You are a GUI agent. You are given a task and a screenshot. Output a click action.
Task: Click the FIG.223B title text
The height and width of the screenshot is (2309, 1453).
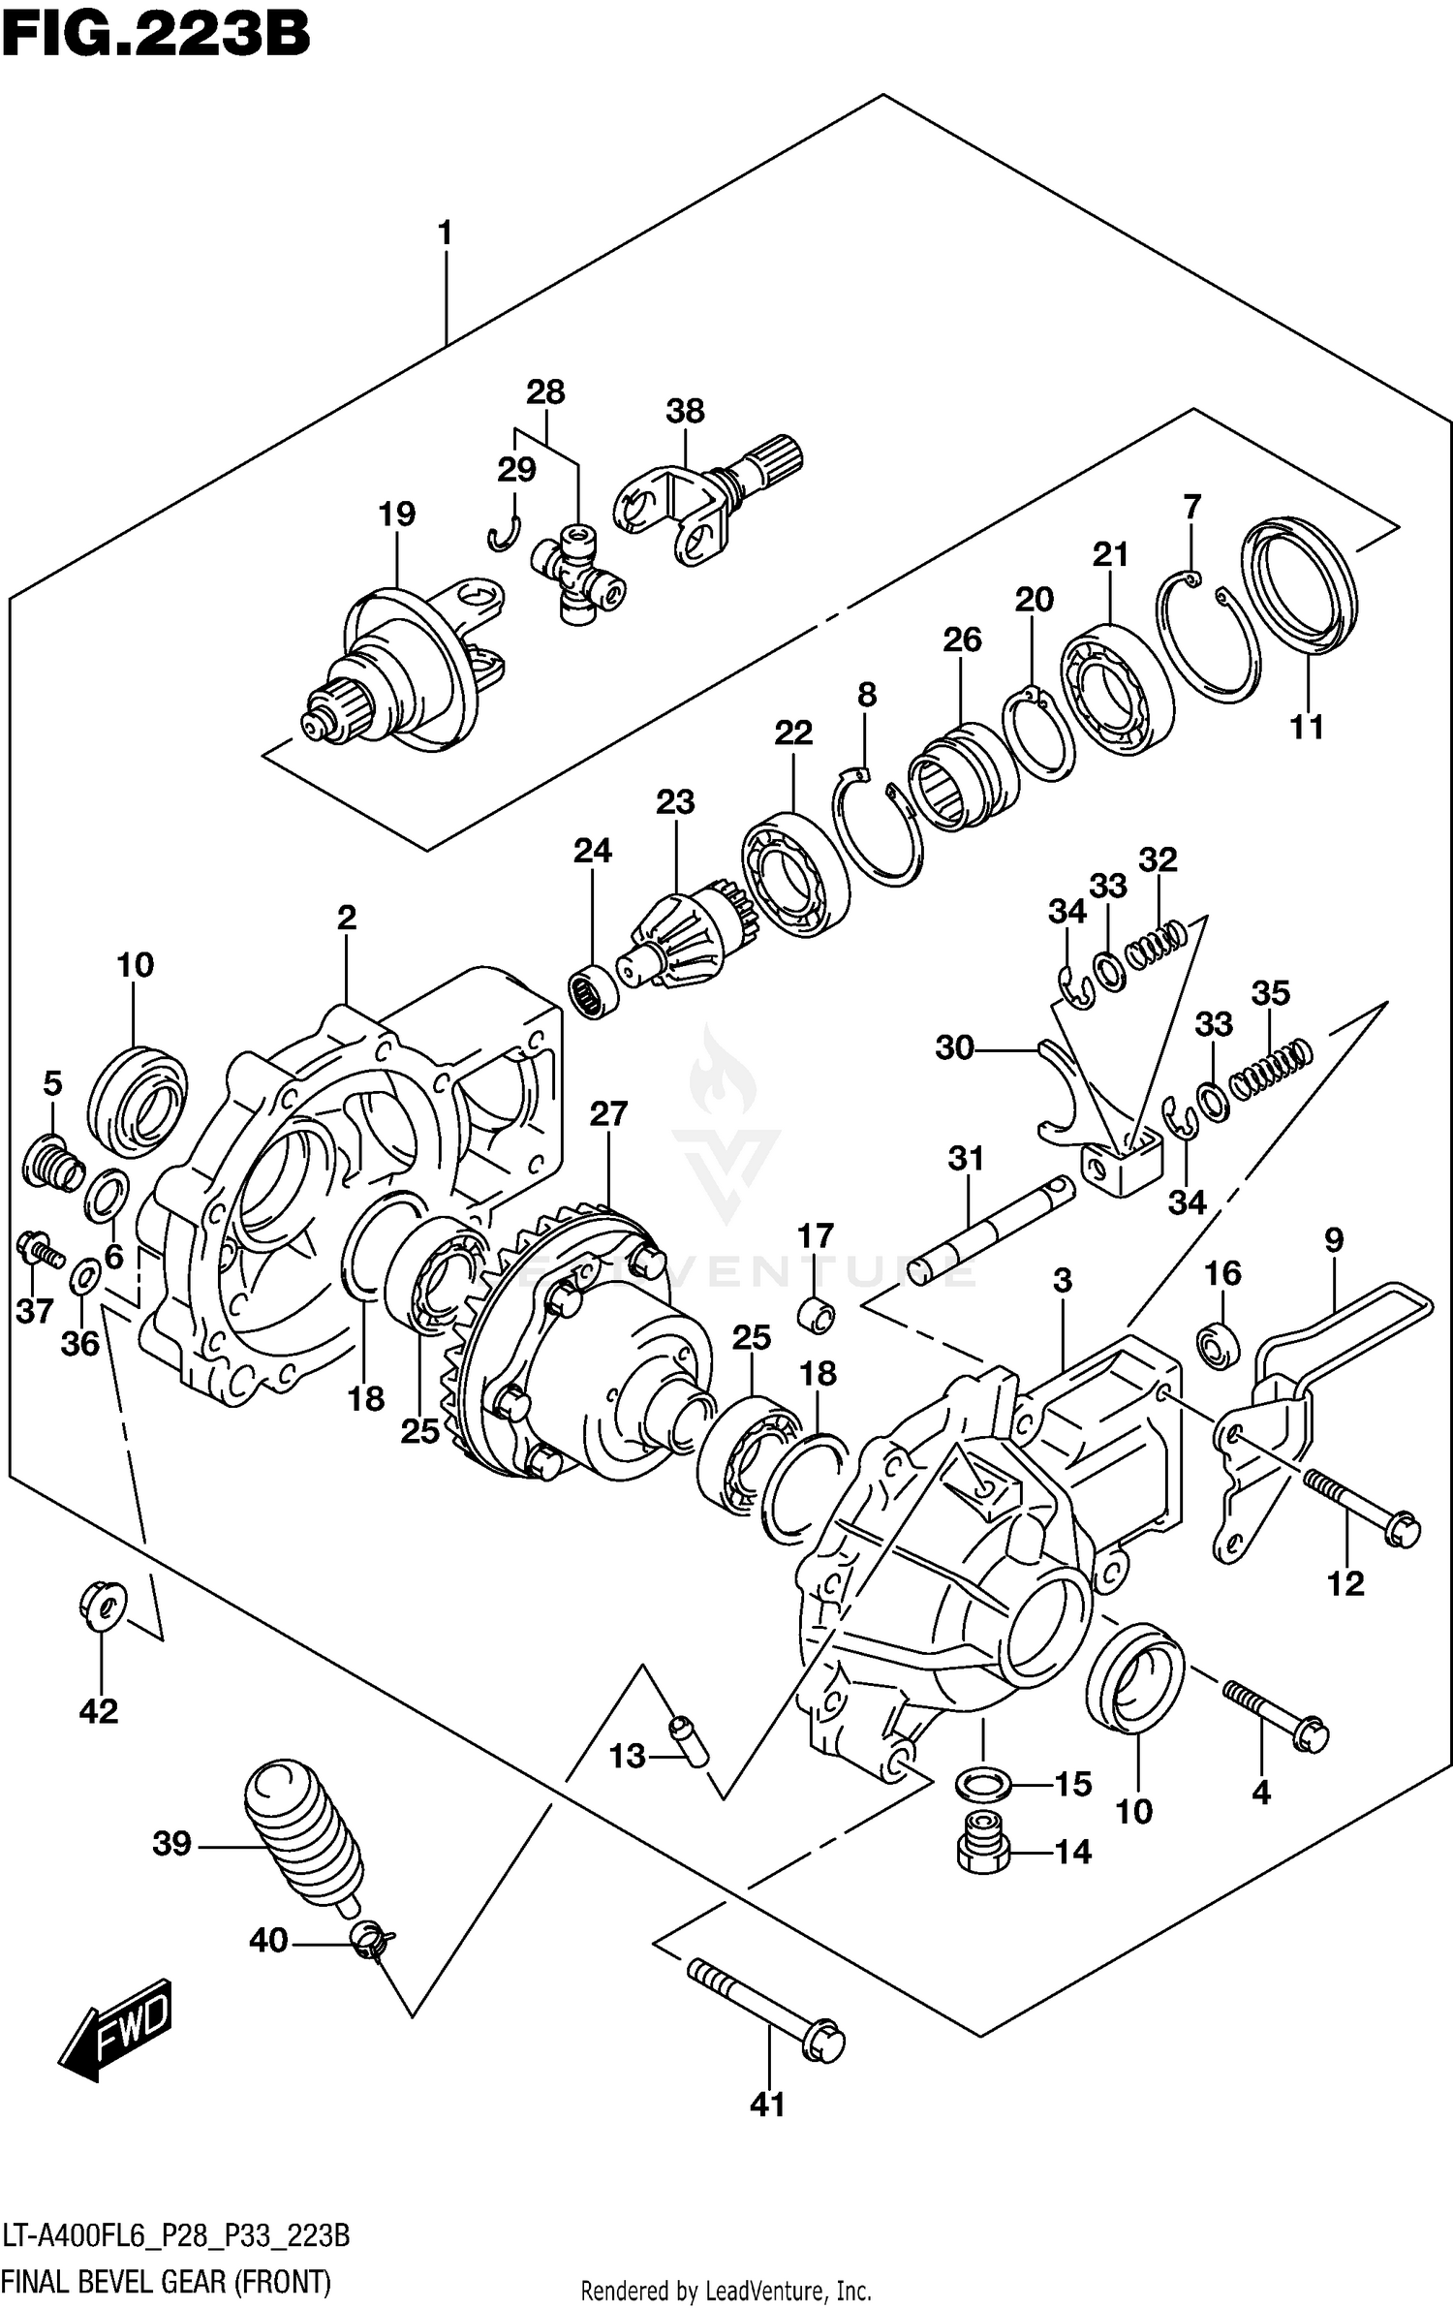point(155,37)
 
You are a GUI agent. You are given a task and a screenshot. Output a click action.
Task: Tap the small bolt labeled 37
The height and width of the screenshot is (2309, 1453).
point(39,1250)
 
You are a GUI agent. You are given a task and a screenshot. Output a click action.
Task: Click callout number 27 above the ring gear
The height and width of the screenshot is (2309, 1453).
point(608,1114)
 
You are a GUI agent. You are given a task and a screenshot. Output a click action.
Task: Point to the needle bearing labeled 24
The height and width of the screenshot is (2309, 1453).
point(594,991)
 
